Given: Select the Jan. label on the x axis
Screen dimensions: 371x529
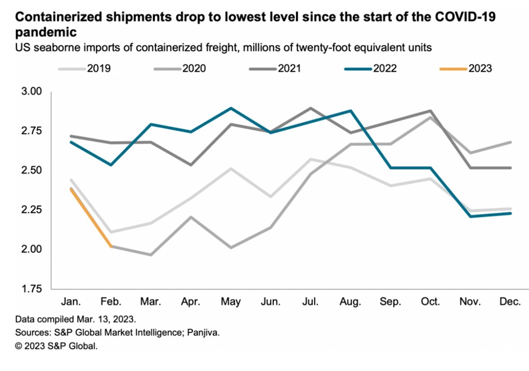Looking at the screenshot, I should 70,302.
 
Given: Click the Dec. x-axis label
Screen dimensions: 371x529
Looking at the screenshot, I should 510,302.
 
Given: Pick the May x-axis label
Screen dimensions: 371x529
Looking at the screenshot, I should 231,302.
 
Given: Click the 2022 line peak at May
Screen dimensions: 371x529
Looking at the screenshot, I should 231,108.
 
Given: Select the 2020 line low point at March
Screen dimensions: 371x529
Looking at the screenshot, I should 150,254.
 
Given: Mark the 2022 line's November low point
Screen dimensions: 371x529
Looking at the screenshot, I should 470,216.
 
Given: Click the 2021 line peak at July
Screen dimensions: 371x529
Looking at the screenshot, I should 311,108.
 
